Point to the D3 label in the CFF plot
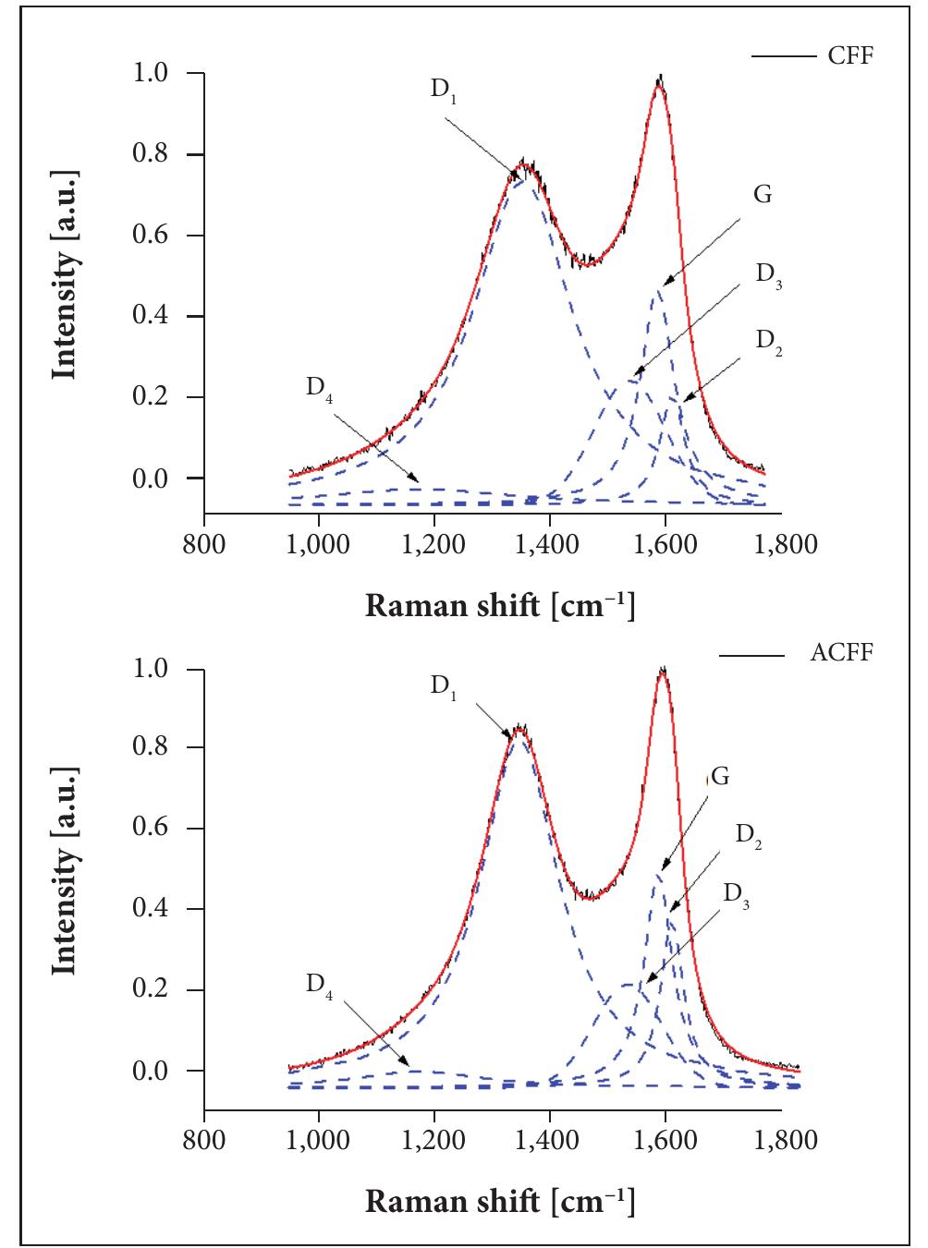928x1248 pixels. click(x=768, y=276)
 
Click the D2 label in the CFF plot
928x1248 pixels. click(x=768, y=341)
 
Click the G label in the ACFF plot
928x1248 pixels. click(x=719, y=776)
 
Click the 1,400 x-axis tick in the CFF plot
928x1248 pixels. click(x=549, y=543)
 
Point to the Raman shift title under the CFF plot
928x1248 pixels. click(x=500, y=605)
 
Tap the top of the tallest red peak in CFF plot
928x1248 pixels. click(x=658, y=81)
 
